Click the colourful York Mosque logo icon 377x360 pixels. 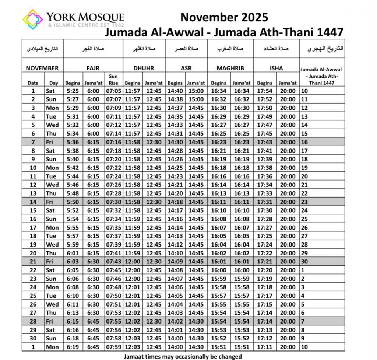(32, 19)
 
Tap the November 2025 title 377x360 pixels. (224, 17)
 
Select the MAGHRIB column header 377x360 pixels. (230, 68)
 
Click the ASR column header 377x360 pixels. (186, 68)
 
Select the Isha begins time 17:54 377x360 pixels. (265, 91)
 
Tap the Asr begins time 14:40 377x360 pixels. (175, 91)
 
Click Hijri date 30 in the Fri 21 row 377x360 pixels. (304, 261)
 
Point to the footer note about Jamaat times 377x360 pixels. (183, 356)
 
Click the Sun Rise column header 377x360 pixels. (113, 79)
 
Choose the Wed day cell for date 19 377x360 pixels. (52, 244)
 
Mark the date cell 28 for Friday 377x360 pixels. (33, 321)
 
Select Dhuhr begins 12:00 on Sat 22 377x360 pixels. (133, 270)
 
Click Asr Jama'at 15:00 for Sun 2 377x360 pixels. (196, 99)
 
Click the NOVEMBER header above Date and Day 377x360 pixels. (42, 68)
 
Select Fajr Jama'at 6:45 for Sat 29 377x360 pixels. (93, 330)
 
